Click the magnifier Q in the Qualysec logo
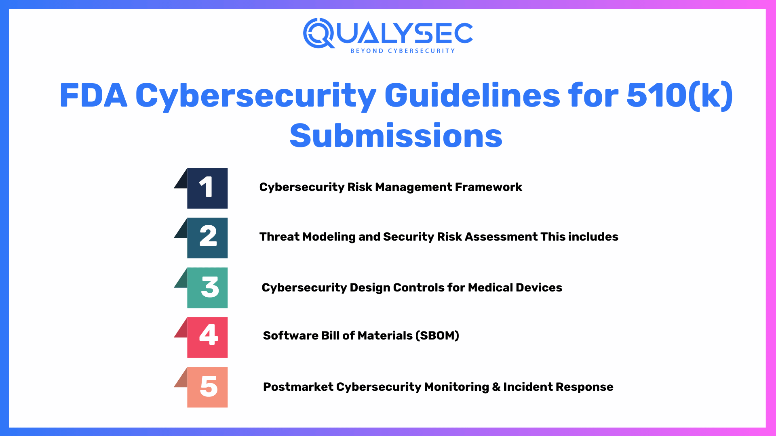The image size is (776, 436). point(318,33)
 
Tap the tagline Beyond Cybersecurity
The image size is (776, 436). point(403,51)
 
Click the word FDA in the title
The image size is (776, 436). point(93,96)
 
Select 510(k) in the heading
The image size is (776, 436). point(679,96)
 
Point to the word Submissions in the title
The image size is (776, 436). point(396,136)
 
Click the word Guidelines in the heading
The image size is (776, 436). point(472,96)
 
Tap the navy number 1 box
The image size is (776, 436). point(207,188)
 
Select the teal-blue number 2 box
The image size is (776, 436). point(207,238)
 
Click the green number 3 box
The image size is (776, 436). point(207,287)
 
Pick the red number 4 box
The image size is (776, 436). point(207,337)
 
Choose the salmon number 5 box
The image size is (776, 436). point(207,387)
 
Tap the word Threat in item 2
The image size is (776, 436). point(279,237)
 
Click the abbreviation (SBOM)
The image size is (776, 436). point(437,335)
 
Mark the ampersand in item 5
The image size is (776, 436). point(496,387)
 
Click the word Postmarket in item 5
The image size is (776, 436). point(298,387)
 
